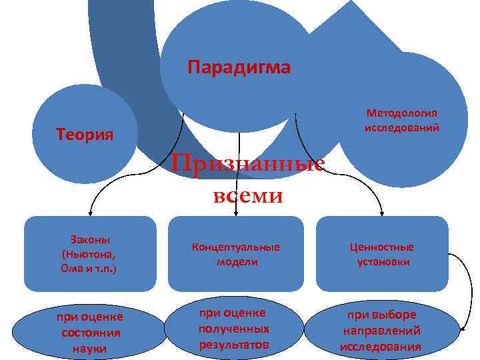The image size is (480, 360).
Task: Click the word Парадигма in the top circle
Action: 239,67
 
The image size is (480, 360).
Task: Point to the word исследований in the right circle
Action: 402,127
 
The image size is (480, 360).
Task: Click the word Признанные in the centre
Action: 248,164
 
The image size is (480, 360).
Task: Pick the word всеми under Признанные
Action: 248,196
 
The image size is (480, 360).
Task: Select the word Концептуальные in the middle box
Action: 236,247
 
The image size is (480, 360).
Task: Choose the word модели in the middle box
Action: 237,262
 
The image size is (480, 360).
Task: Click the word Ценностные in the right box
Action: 382,247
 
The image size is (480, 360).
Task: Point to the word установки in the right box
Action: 383,262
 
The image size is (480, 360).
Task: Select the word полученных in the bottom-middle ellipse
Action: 234,329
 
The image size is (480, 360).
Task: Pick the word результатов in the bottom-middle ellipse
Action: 234,345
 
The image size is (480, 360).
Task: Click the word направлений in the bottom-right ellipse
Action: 381,331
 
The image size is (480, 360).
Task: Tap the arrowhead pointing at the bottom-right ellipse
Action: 461,327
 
